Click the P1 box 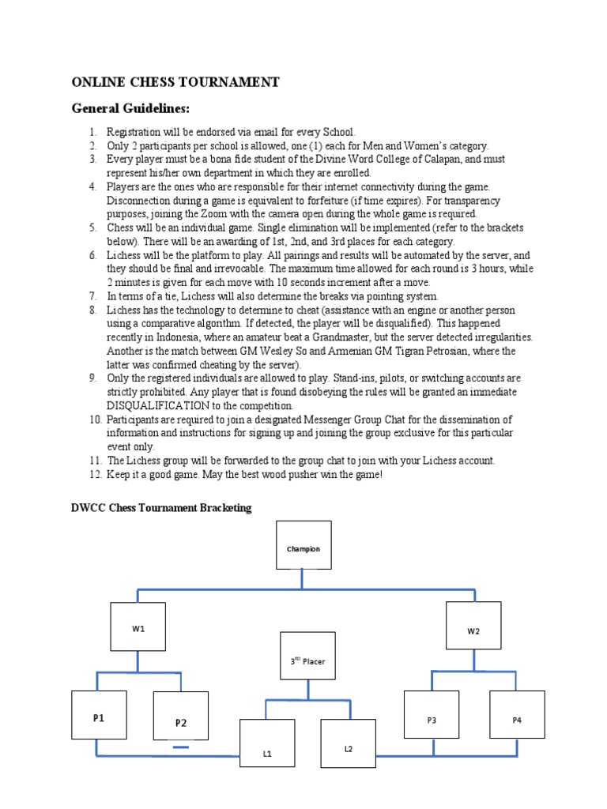(99, 718)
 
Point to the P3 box (432, 718)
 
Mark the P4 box (517, 718)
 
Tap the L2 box (348, 747)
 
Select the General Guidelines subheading (131, 108)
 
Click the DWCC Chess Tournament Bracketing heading (161, 508)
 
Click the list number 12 (94, 474)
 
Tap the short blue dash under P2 (181, 747)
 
